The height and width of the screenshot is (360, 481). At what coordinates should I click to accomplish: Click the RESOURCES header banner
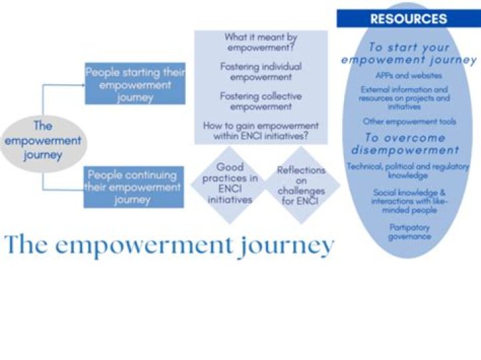(x=409, y=19)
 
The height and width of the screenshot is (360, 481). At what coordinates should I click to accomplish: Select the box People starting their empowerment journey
(x=135, y=83)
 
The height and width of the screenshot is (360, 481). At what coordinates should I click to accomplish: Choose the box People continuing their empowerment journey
(x=134, y=187)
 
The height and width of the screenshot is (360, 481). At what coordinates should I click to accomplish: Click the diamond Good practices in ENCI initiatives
(x=230, y=184)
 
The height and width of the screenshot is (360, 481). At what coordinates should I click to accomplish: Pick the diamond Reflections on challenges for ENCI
(x=301, y=185)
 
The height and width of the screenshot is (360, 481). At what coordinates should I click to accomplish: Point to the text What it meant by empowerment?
(x=261, y=42)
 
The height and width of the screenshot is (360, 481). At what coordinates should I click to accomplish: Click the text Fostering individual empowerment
(x=261, y=71)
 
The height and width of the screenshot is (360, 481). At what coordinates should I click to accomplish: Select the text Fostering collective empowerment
(x=261, y=102)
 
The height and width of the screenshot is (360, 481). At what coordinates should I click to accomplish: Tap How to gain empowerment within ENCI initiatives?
(x=261, y=131)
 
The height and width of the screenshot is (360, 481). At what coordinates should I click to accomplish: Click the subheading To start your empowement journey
(x=409, y=53)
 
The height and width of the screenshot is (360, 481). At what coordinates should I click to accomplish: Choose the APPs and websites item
(x=409, y=75)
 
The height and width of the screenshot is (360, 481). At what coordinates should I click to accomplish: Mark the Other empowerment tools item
(x=410, y=122)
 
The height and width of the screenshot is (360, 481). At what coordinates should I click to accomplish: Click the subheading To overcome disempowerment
(x=406, y=144)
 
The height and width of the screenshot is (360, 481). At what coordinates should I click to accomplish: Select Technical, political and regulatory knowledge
(x=408, y=170)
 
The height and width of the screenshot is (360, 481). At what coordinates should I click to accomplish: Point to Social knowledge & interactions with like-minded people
(x=410, y=201)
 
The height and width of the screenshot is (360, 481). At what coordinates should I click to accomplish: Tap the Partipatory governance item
(x=410, y=232)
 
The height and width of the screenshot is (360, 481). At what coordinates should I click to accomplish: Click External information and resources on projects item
(x=404, y=98)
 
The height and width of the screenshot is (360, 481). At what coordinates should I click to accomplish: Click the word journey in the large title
(x=287, y=247)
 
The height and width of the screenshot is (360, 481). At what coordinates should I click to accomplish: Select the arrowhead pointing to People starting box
(x=83, y=85)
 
